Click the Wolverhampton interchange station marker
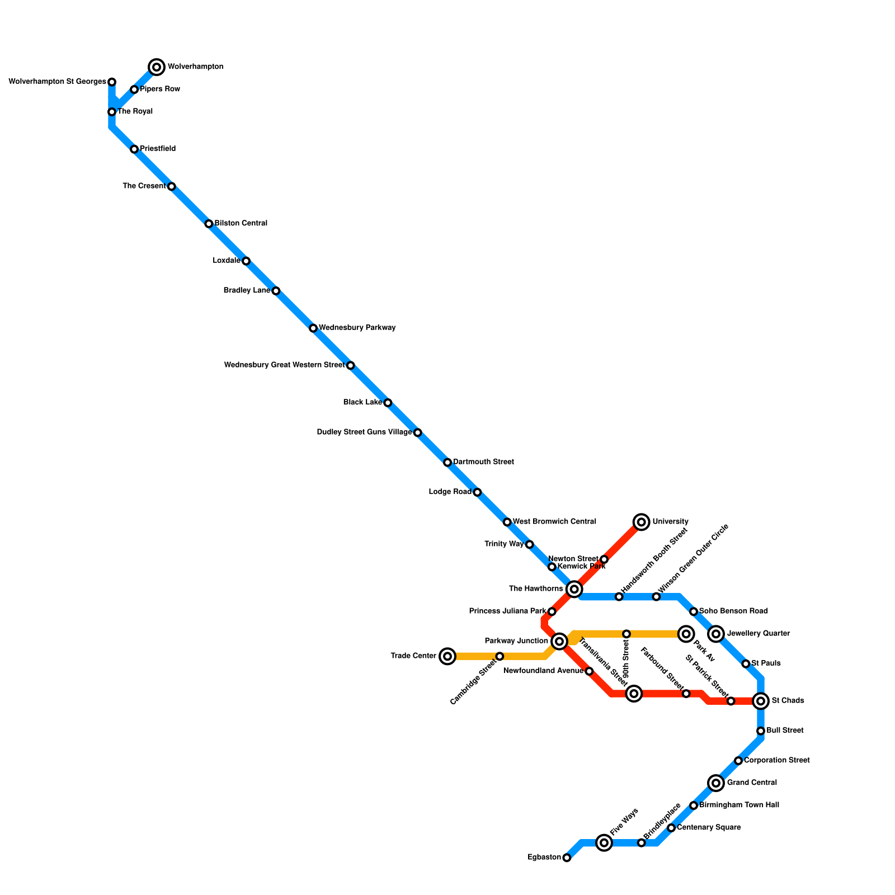[x=157, y=67]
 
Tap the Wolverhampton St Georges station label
[x=58, y=82]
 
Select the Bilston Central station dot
[x=209, y=224]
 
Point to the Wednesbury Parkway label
[x=357, y=328]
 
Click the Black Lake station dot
[x=388, y=403]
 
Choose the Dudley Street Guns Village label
[x=364, y=432]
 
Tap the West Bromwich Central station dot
[x=507, y=522]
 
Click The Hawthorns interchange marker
[x=574, y=589]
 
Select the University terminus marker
[x=642, y=522]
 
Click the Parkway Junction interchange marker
[x=559, y=641]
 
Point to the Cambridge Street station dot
[x=500, y=656]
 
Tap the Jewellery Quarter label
[x=758, y=634]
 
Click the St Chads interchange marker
[x=761, y=701]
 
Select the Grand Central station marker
[x=716, y=783]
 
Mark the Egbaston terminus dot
[x=567, y=858]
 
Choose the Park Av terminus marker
[x=686, y=634]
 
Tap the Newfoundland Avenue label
[x=543, y=671]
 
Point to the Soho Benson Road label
[x=733, y=611]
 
